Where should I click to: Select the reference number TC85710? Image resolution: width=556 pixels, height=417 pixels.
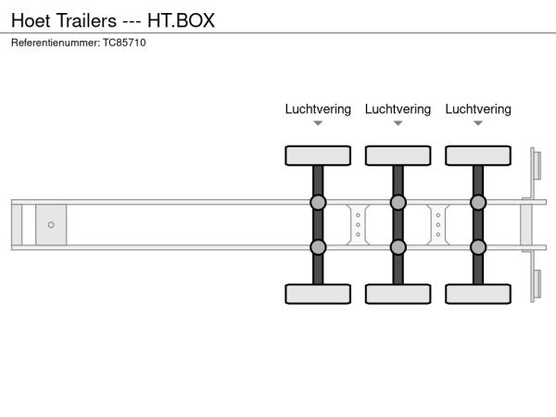click(124, 43)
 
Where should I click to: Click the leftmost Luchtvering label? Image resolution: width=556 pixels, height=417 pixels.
click(318, 109)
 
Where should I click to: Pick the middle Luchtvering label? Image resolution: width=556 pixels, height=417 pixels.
click(398, 109)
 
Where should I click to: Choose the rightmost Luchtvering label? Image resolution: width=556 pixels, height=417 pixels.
click(478, 109)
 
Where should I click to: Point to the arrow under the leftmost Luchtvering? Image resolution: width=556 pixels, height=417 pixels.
click(318, 123)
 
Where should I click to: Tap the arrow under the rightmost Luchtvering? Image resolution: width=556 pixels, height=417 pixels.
click(478, 123)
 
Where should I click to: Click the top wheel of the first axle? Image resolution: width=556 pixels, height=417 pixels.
click(318, 155)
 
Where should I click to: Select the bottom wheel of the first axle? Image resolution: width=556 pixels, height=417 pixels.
click(318, 294)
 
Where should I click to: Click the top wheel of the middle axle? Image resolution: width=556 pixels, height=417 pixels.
click(398, 155)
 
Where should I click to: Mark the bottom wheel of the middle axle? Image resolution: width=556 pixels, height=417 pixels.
click(398, 294)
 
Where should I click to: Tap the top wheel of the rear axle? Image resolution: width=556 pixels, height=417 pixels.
click(478, 155)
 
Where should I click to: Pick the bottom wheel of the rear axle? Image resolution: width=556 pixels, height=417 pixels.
click(478, 294)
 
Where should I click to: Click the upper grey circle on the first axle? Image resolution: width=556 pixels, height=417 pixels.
click(318, 202)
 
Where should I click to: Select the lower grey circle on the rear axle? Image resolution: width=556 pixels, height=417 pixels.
click(478, 246)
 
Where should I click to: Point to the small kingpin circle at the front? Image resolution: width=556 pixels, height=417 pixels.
click(51, 224)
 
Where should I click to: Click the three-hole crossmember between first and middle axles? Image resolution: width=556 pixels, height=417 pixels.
click(358, 224)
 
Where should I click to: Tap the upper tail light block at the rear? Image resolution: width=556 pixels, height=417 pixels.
click(536, 167)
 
